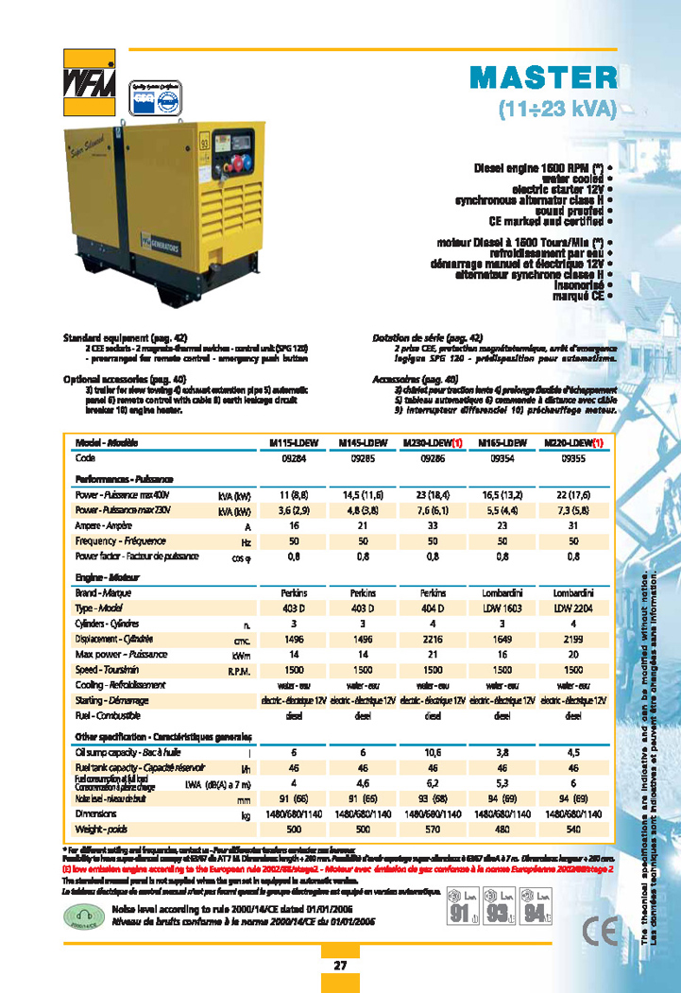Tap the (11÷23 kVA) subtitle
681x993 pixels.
pos(556,109)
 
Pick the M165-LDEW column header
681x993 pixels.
pos(502,443)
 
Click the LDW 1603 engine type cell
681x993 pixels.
pos(502,608)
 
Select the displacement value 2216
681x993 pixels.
pos(433,640)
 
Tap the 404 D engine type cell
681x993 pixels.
pos(433,608)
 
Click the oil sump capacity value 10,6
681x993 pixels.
pos(433,752)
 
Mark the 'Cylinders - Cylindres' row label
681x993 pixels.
pos(105,624)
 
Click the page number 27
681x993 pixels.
pos(340,966)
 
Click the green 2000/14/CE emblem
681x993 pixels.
pos(83,915)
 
